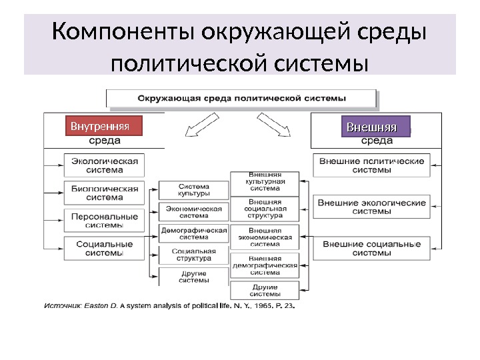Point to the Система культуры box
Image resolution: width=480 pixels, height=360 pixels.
[x=194, y=190]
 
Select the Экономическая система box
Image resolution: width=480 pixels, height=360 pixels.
[x=194, y=211]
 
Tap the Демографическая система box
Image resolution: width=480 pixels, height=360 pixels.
[x=194, y=233]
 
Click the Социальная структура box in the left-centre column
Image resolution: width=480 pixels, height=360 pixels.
[x=194, y=255]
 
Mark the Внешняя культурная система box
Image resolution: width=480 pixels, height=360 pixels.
[x=265, y=181]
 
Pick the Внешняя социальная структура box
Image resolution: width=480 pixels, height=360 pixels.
[x=265, y=208]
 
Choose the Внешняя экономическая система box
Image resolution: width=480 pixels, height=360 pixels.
[x=265, y=237]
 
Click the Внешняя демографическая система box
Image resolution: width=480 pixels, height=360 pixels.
[x=265, y=265]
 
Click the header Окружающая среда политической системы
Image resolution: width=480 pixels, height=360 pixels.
[x=241, y=98]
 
